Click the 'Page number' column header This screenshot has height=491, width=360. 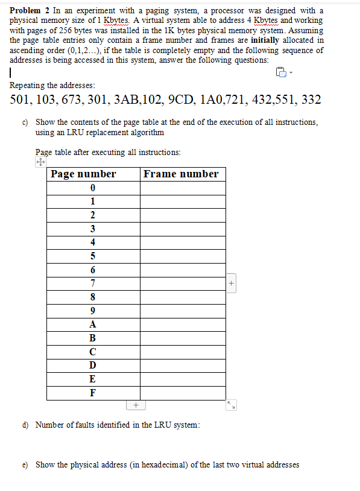click(83, 174)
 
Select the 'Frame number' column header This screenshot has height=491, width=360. click(181, 174)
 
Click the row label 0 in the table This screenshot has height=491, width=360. click(92, 188)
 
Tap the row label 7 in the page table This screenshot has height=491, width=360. click(92, 283)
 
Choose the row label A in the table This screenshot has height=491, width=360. click(92, 323)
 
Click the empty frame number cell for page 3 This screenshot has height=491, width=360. click(183, 229)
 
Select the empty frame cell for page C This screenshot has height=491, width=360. click(183, 351)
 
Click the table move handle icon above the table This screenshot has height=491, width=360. click(40, 162)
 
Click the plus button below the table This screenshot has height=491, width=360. click(136, 405)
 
